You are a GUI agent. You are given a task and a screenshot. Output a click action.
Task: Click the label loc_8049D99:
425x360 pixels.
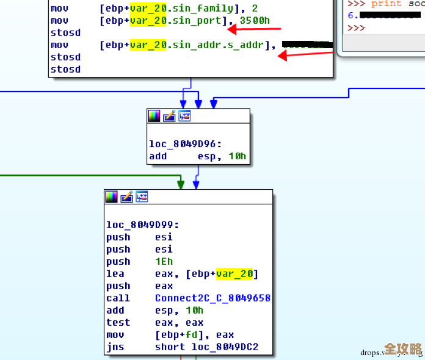point(143,225)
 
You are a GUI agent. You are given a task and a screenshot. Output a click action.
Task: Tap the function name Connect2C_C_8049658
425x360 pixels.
point(212,298)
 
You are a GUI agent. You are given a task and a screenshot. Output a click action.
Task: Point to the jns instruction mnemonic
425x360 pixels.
point(115,347)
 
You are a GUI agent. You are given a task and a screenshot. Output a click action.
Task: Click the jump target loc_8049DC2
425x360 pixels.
point(224,347)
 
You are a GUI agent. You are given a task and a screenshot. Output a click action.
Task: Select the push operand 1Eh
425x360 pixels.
point(164,261)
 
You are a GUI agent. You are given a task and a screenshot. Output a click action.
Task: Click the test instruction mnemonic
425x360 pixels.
point(118,322)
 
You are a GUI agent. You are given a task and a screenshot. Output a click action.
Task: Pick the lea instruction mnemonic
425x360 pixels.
point(115,273)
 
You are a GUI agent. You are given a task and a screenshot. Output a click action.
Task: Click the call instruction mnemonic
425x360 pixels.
point(118,298)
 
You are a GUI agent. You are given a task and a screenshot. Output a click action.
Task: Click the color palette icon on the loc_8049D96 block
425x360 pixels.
point(154,116)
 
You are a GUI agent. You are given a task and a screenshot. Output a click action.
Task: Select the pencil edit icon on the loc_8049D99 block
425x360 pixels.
point(127,196)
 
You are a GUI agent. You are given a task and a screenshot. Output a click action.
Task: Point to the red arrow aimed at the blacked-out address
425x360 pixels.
point(305,55)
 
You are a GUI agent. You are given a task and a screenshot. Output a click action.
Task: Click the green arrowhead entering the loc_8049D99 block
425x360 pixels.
point(180,183)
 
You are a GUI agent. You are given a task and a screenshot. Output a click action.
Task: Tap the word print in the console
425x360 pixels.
point(386,3)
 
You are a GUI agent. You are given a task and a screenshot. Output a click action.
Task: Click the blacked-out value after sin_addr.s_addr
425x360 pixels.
point(308,45)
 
